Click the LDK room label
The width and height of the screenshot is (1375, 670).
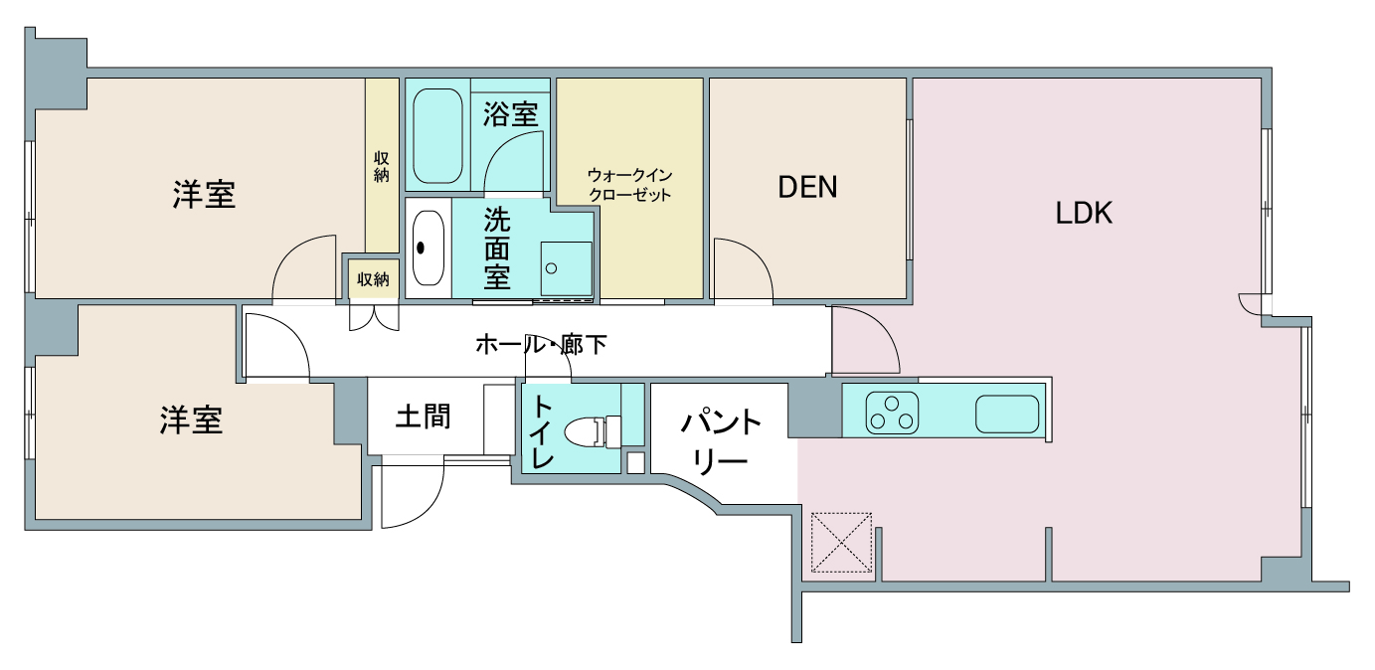(1084, 213)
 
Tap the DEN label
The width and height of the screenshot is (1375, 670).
(807, 187)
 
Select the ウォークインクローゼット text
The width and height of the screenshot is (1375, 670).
(629, 185)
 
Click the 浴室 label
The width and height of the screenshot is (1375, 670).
(510, 114)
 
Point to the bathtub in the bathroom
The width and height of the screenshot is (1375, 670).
(437, 136)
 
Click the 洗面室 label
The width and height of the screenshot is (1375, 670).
(496, 249)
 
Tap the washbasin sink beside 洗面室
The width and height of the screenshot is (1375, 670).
(428, 249)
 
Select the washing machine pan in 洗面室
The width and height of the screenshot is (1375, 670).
(566, 268)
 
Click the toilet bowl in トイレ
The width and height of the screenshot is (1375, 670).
(592, 433)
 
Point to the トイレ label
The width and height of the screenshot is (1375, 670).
(542, 431)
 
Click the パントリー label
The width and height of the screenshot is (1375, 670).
(721, 442)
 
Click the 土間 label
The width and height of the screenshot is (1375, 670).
(423, 417)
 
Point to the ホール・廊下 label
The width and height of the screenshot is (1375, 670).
(541, 345)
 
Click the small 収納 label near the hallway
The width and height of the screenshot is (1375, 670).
(373, 279)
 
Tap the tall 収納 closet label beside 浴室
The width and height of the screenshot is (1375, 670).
(381, 167)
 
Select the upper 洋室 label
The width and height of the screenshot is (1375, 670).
(204, 195)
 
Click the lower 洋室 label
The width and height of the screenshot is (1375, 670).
(191, 420)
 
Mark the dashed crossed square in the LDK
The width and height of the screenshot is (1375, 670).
(841, 543)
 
